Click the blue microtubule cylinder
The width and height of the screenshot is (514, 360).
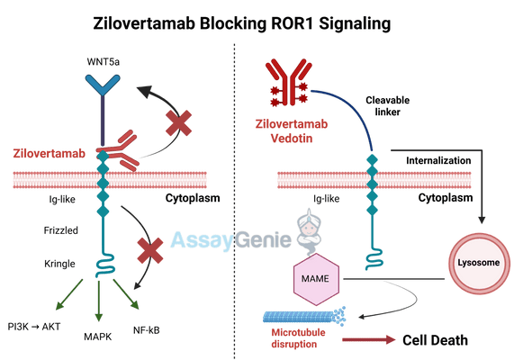302,316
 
